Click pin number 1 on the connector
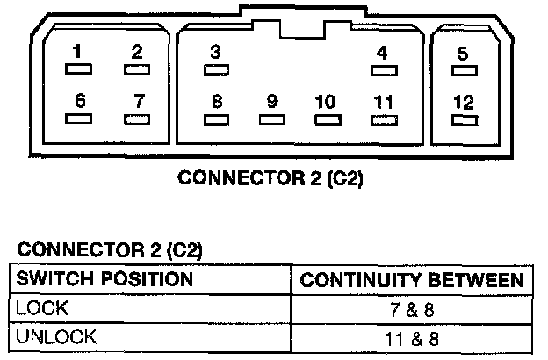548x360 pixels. (79, 51)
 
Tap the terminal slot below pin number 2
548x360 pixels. (137, 68)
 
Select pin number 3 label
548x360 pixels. (216, 51)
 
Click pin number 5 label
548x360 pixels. (463, 54)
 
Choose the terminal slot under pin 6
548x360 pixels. (81, 117)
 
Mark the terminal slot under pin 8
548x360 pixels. (217, 118)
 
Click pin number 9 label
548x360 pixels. (271, 100)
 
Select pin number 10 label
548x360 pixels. (325, 100)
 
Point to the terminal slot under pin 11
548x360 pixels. (382, 118)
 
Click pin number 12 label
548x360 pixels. (463, 103)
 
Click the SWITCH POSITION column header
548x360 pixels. (105, 280)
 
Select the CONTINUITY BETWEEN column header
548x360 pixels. (413, 281)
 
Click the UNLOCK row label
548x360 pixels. (54, 335)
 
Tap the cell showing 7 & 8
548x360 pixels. (412, 309)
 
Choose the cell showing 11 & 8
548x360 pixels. (412, 336)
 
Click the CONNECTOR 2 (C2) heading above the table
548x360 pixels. (110, 251)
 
